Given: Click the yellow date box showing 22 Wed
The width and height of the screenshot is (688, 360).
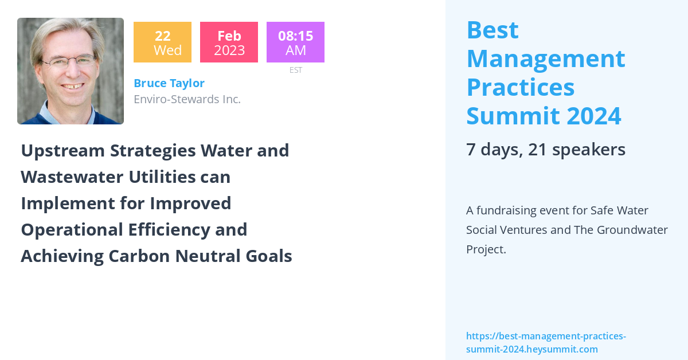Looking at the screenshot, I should click(x=162, y=42).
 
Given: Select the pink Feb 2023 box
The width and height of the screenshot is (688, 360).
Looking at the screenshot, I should click(x=229, y=42).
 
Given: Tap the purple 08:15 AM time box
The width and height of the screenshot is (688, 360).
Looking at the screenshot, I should click(x=295, y=42).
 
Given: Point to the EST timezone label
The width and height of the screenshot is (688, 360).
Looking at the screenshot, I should click(x=295, y=70).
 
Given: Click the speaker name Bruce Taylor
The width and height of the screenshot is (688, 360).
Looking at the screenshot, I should click(x=169, y=83).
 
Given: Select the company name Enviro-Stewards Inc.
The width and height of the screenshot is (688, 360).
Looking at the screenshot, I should click(x=187, y=99).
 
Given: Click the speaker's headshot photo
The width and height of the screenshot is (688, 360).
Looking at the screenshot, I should click(x=71, y=71).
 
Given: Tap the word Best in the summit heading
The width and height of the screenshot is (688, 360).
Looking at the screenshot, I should click(x=492, y=30).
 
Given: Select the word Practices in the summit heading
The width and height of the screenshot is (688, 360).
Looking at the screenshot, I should click(x=520, y=87).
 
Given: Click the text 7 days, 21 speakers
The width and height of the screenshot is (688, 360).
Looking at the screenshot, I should click(x=545, y=150).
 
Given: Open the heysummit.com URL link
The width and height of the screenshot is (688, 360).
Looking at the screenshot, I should click(x=545, y=343).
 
